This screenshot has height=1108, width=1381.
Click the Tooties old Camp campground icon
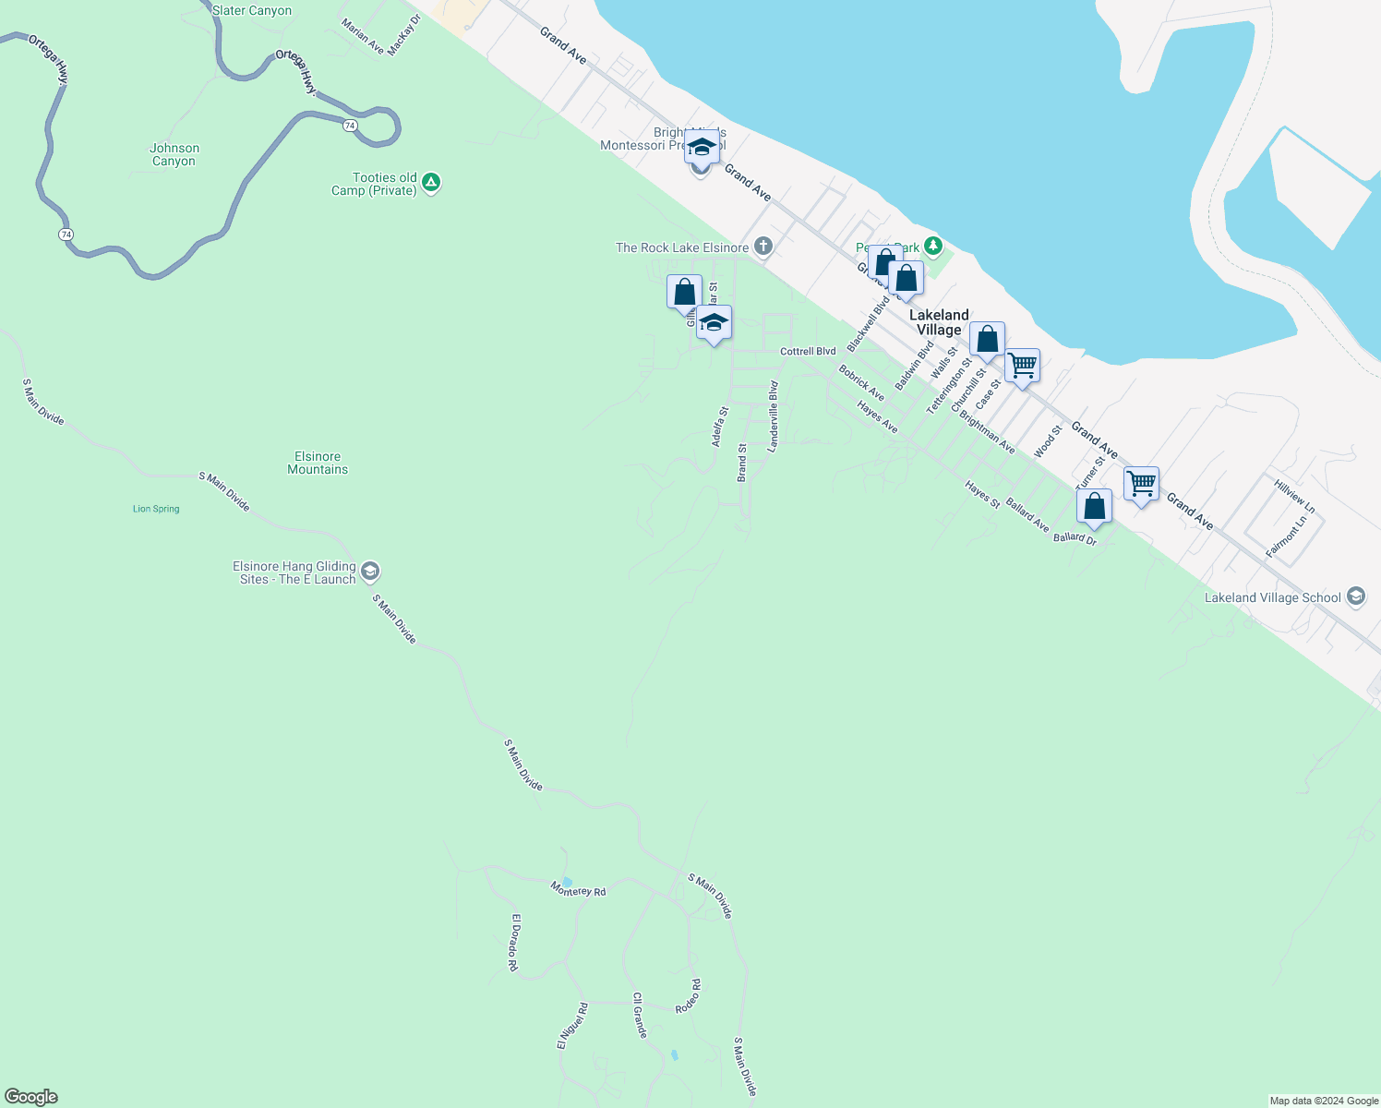click(431, 182)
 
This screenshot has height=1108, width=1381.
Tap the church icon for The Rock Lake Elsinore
click(763, 246)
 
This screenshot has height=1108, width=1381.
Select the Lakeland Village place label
click(939, 322)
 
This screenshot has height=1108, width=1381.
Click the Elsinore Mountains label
click(318, 463)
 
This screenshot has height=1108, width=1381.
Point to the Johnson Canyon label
click(174, 154)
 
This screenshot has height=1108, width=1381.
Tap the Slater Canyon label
click(252, 11)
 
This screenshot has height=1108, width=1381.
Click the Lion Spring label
click(156, 509)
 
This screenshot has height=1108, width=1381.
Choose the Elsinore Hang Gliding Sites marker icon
click(369, 572)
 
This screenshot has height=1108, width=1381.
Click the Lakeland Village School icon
click(1356, 596)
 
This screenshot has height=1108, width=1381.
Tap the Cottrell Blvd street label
click(808, 352)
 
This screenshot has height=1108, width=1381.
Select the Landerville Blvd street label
click(774, 415)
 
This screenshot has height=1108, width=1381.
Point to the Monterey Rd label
click(579, 890)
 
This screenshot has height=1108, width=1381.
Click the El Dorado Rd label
click(514, 942)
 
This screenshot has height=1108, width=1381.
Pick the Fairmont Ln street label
click(1286, 536)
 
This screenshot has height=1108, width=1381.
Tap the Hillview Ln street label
click(1294, 497)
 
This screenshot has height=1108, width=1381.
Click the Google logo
click(31, 1097)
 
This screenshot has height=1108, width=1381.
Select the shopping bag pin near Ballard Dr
click(1094, 506)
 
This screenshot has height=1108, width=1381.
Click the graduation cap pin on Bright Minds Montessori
click(702, 148)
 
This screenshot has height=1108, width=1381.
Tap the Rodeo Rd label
click(688, 997)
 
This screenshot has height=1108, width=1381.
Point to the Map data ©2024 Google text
click(1324, 1101)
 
